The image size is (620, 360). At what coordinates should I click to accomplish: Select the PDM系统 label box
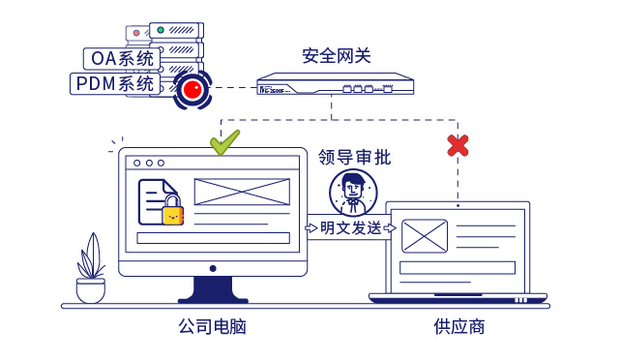115,84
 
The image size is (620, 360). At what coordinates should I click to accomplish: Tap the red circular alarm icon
192,90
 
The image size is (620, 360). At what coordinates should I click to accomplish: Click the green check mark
224,143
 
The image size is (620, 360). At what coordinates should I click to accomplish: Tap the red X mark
458,145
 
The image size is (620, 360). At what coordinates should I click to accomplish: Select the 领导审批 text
355,157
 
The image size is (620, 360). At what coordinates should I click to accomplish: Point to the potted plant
91,271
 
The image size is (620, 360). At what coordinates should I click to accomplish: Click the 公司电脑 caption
213,327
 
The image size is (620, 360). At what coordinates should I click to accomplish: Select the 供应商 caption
458,327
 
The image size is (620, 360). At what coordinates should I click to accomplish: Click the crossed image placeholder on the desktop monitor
242,192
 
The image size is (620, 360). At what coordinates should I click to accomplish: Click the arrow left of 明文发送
311,228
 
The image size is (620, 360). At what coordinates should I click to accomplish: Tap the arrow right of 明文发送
389,228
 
